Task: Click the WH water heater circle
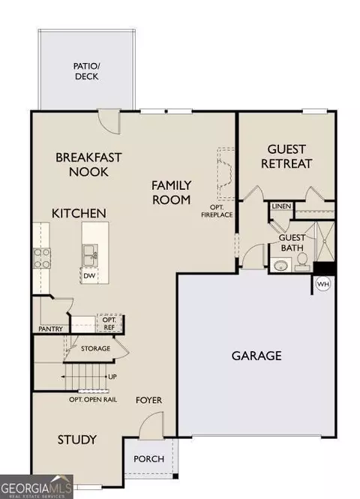tap(323, 284)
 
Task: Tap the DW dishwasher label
tap(89, 275)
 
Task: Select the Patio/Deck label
tap(86, 71)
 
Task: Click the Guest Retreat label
tap(286, 156)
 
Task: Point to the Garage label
tap(256, 356)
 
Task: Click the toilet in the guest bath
tap(301, 263)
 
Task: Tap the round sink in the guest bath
tap(280, 265)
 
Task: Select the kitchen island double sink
tap(90, 255)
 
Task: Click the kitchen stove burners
tap(42, 258)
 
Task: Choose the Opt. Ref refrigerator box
tap(109, 323)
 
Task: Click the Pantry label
tap(50, 329)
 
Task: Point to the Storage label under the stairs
tap(96, 349)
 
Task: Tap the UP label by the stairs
tap(112, 377)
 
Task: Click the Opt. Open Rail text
tap(93, 400)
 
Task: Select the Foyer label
tap(148, 401)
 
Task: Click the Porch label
tap(148, 459)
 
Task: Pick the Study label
tap(76, 440)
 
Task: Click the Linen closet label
tap(281, 206)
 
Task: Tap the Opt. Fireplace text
tap(217, 212)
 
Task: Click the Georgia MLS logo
tap(36, 487)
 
